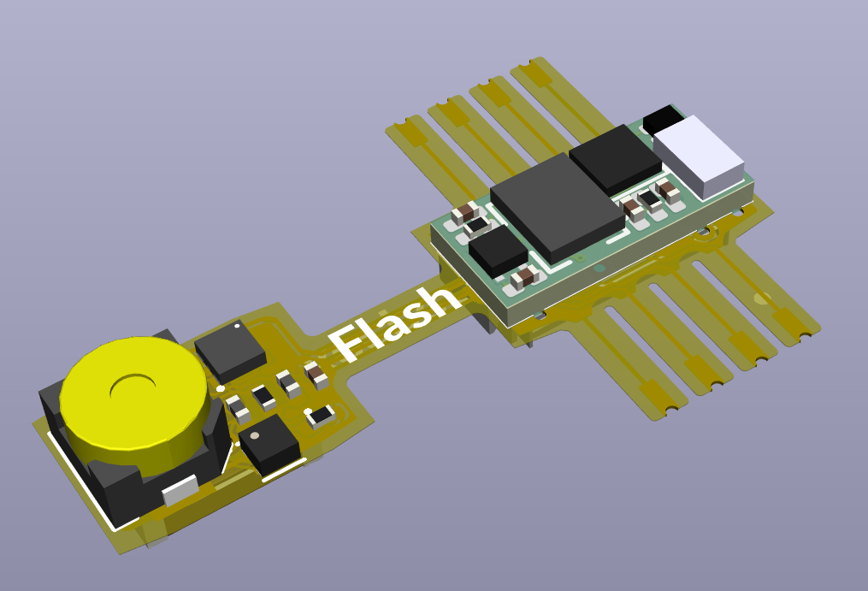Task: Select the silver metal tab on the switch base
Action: click(x=180, y=490)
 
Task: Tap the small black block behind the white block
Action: click(x=663, y=119)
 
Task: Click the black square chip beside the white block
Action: click(x=615, y=160)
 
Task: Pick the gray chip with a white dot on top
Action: click(x=230, y=351)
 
